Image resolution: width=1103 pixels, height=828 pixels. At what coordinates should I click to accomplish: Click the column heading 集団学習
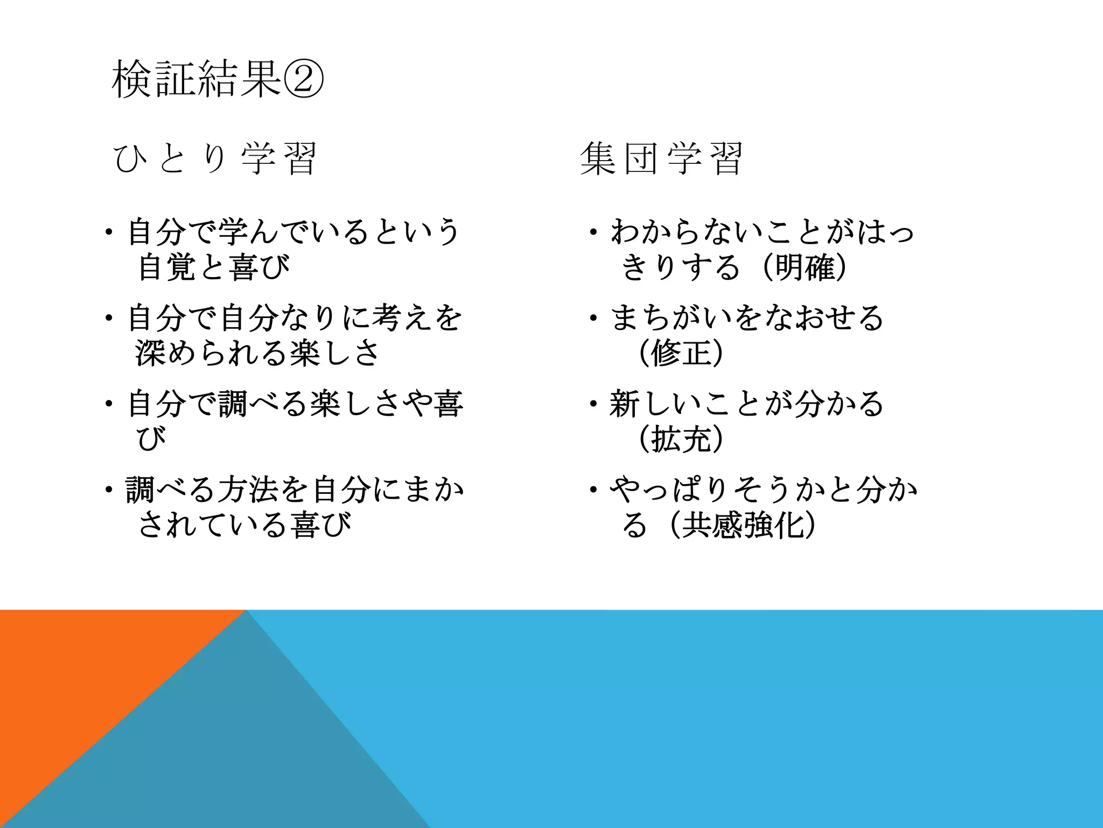(661, 159)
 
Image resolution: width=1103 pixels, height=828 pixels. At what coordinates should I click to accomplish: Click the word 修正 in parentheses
(681, 354)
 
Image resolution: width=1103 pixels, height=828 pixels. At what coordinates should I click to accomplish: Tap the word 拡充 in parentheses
(681, 439)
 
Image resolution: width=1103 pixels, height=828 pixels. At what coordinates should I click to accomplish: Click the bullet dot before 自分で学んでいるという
(109, 232)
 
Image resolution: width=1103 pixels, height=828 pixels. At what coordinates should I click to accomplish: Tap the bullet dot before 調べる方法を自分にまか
(109, 490)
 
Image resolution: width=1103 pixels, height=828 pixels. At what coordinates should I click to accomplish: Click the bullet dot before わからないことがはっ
(592, 232)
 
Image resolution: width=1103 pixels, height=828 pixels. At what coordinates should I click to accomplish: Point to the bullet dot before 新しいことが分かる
(592, 404)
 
